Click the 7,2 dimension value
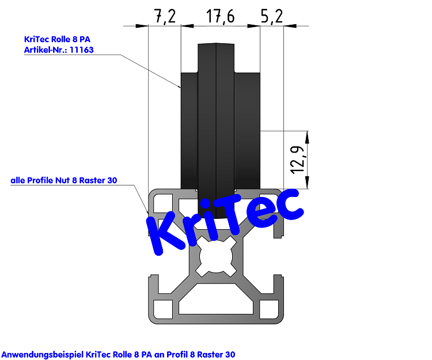pos(164,17)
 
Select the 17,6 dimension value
pos(220,17)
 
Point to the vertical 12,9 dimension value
pos(297,160)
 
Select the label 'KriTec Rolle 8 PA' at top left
pos(57,39)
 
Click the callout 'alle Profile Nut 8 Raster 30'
pos(64,180)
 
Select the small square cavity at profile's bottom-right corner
pos(271,309)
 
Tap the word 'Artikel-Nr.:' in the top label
pos(44,50)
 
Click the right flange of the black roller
pos(247,130)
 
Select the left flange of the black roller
pos(189,130)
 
